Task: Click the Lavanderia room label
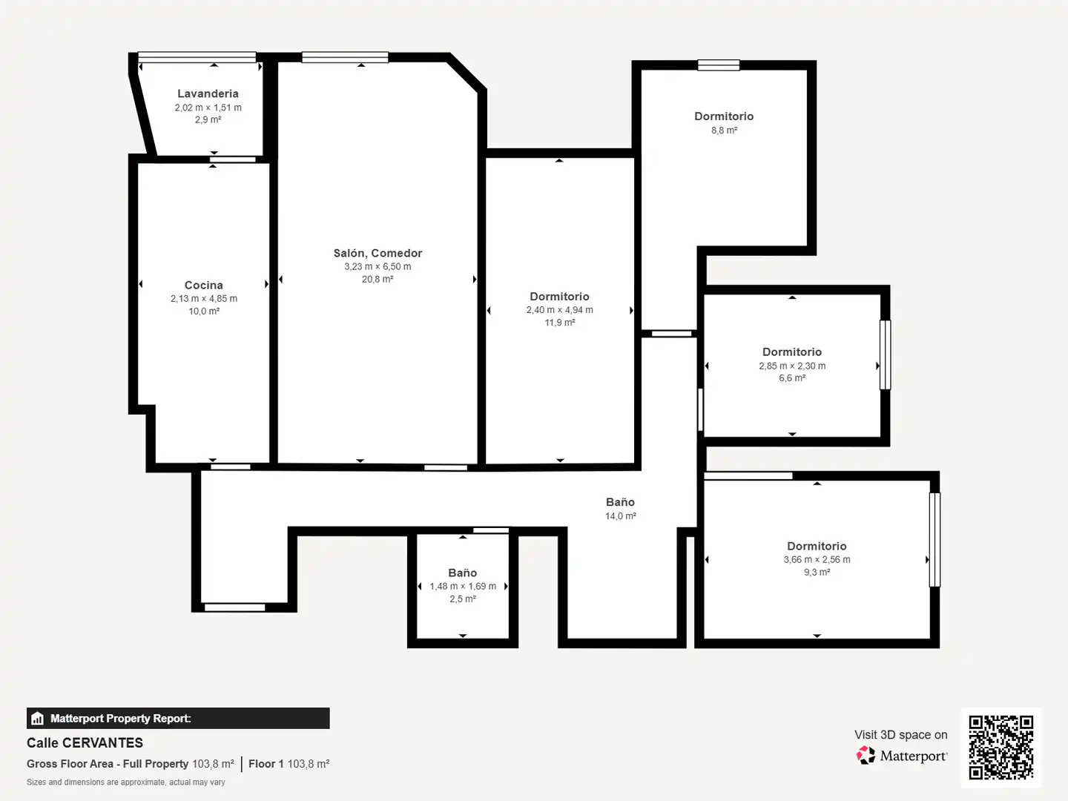tap(208, 93)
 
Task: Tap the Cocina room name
tap(203, 285)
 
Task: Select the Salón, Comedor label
tap(378, 253)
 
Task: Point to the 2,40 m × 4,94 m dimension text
tap(559, 310)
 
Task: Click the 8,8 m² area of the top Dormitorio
tap(724, 130)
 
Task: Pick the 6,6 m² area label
tap(792, 378)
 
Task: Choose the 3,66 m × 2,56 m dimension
tap(817, 559)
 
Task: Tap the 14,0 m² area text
tap(620, 516)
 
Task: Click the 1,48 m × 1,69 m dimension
tap(463, 586)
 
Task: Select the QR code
tap(1001, 748)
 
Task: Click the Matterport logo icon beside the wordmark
tap(866, 755)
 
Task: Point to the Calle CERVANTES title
tap(85, 742)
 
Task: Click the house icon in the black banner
tap(38, 719)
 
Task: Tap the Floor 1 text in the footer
tap(266, 764)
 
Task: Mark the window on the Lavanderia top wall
tap(197, 57)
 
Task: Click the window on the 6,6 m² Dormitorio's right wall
tap(886, 355)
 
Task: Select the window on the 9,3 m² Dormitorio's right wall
tap(934, 540)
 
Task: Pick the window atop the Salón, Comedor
tap(345, 57)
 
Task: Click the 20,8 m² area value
tap(378, 279)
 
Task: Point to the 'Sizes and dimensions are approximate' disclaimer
tap(125, 782)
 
